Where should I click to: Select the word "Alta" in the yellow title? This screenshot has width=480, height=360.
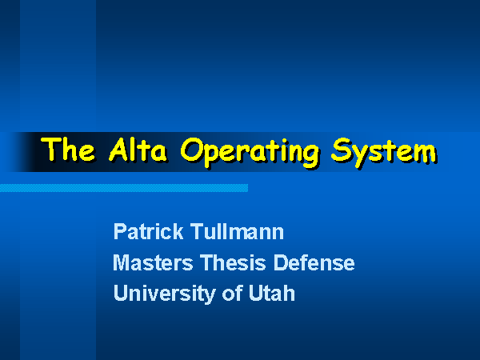[138, 150]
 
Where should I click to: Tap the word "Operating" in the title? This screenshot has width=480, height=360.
[249, 152]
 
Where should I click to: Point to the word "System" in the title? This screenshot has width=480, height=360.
[384, 152]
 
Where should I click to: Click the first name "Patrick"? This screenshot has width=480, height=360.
[148, 231]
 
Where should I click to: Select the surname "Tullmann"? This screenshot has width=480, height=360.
[237, 231]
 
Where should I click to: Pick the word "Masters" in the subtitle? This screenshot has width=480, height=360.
[153, 262]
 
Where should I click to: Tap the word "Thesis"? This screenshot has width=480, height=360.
[233, 262]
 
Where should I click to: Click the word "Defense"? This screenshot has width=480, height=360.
[314, 262]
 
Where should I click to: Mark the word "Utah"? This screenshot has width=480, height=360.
[271, 293]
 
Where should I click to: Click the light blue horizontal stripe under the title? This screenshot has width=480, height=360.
[124, 188]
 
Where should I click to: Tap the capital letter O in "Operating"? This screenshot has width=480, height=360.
[192, 150]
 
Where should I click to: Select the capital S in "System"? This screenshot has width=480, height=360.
[341, 150]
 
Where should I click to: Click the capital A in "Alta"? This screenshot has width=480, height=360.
[119, 150]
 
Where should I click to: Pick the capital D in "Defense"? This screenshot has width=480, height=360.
[281, 262]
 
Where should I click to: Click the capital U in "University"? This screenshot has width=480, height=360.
[121, 293]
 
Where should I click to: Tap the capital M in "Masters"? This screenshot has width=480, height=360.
[122, 262]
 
